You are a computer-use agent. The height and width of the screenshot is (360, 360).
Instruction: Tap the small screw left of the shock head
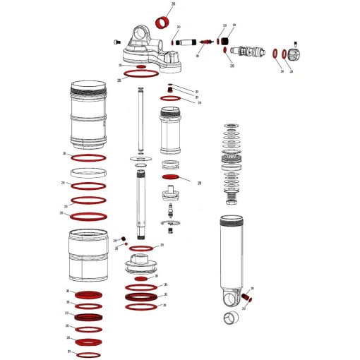[x=116, y=44]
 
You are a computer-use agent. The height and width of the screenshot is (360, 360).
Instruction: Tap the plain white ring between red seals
[x=89, y=172]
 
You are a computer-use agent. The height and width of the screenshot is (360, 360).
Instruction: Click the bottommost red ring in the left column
[x=90, y=354]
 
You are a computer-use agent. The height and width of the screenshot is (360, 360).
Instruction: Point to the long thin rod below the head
[x=141, y=120]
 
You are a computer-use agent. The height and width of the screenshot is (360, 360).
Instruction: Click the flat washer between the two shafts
[x=141, y=160]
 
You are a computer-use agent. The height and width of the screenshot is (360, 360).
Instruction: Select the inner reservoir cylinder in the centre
[x=172, y=131]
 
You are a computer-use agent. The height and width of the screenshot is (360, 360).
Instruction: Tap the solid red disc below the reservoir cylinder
[x=172, y=177]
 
